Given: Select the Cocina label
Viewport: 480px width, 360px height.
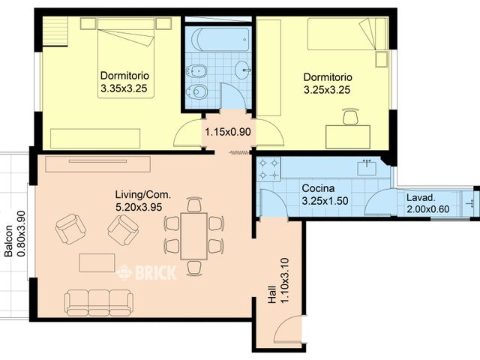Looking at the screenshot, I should coord(317,188).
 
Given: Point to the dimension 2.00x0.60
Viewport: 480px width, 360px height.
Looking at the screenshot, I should coord(427,209).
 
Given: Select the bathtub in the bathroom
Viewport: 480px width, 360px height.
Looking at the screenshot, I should coord(218,39).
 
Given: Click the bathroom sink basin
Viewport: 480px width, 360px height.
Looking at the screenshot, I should coord(244,70).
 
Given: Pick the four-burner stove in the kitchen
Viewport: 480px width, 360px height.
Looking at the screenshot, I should coord(268,169).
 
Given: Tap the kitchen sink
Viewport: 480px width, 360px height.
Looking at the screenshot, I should coord(367,167).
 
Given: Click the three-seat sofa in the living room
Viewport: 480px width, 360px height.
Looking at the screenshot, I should coord(98,302).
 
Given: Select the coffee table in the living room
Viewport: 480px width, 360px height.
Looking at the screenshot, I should coord(97,262).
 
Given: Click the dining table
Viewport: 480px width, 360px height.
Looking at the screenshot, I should coord(194,235).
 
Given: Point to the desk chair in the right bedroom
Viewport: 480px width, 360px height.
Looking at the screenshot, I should coord(350,116).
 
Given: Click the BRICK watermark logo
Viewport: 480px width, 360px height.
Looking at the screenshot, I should coord(146,272).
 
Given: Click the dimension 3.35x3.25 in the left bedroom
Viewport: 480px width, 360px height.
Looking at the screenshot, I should coord(124,88).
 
